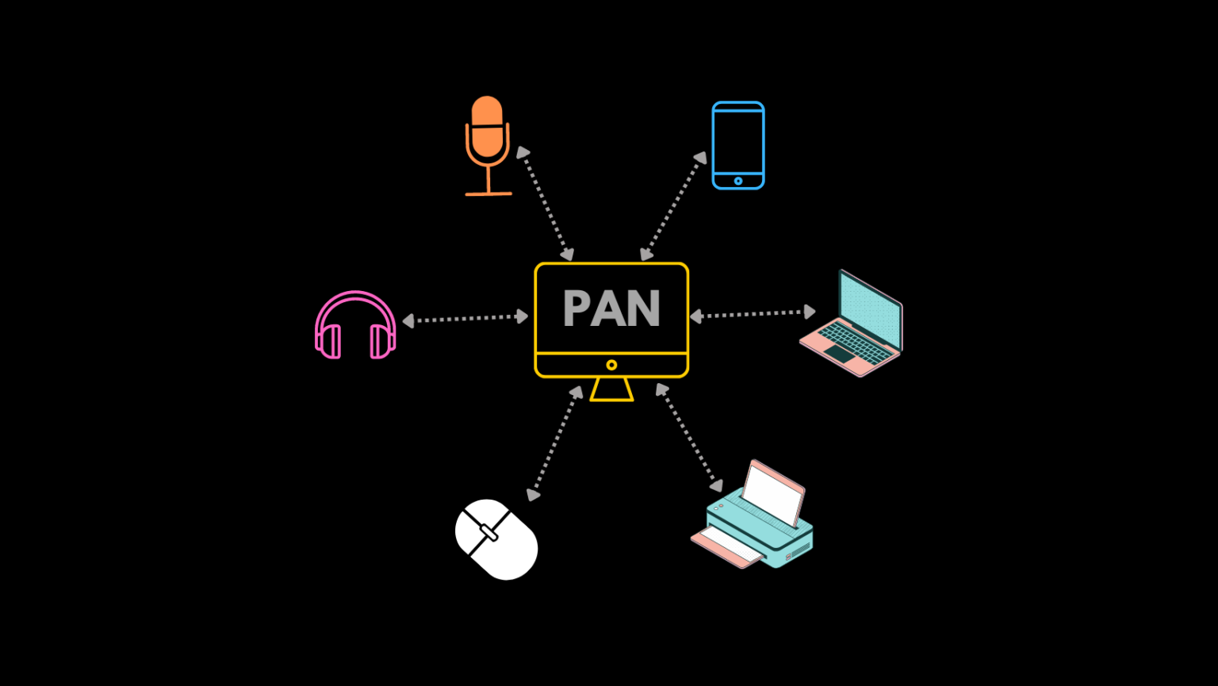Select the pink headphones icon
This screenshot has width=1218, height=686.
(x=355, y=325)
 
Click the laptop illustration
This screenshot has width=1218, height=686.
(x=852, y=325)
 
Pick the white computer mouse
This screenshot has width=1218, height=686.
(x=496, y=539)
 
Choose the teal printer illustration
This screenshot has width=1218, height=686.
(x=753, y=519)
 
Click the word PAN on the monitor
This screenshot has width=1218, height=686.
(x=611, y=309)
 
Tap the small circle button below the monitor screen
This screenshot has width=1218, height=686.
(x=611, y=365)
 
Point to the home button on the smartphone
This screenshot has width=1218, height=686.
(x=738, y=181)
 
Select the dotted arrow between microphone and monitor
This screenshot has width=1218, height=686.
(x=546, y=203)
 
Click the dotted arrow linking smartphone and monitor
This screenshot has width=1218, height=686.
(x=674, y=206)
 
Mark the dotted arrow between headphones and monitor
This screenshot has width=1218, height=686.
(x=465, y=318)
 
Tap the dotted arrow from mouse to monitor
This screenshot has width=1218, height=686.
(x=555, y=443)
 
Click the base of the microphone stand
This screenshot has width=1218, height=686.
(x=488, y=193)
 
